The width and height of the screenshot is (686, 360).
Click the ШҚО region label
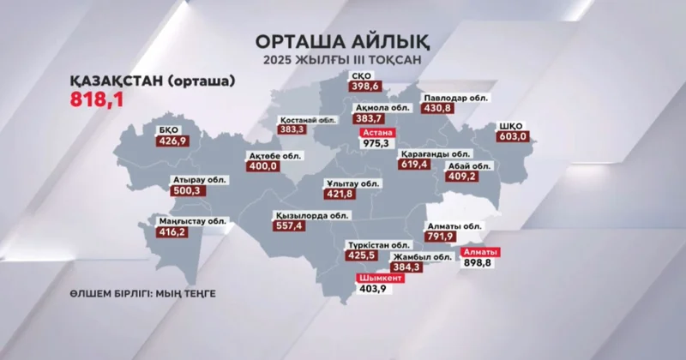[510, 124]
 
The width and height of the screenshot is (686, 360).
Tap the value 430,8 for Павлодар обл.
[437, 109]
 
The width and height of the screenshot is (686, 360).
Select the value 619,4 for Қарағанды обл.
[413, 163]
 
